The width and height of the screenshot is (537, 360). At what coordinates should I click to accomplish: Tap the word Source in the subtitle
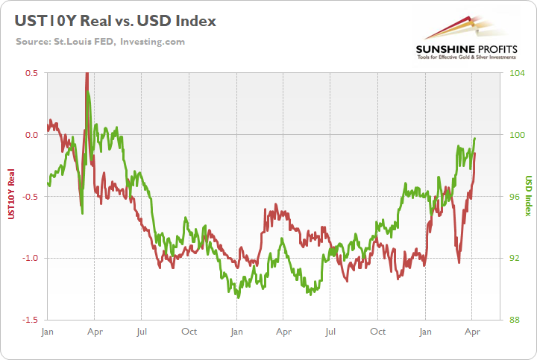(x=34, y=40)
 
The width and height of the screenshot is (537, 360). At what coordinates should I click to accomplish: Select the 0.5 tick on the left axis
(x=31, y=73)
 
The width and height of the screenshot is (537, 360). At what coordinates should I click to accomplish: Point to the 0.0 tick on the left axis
(x=31, y=135)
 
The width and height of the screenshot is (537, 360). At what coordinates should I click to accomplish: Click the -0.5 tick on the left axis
(x=30, y=197)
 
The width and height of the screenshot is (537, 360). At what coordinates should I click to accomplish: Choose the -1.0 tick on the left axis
(x=30, y=258)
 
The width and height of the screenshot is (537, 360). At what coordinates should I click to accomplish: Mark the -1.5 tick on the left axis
(x=30, y=320)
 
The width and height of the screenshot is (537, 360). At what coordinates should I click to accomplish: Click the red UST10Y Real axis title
(x=11, y=195)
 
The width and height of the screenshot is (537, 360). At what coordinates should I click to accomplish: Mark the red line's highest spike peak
(x=87, y=73)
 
